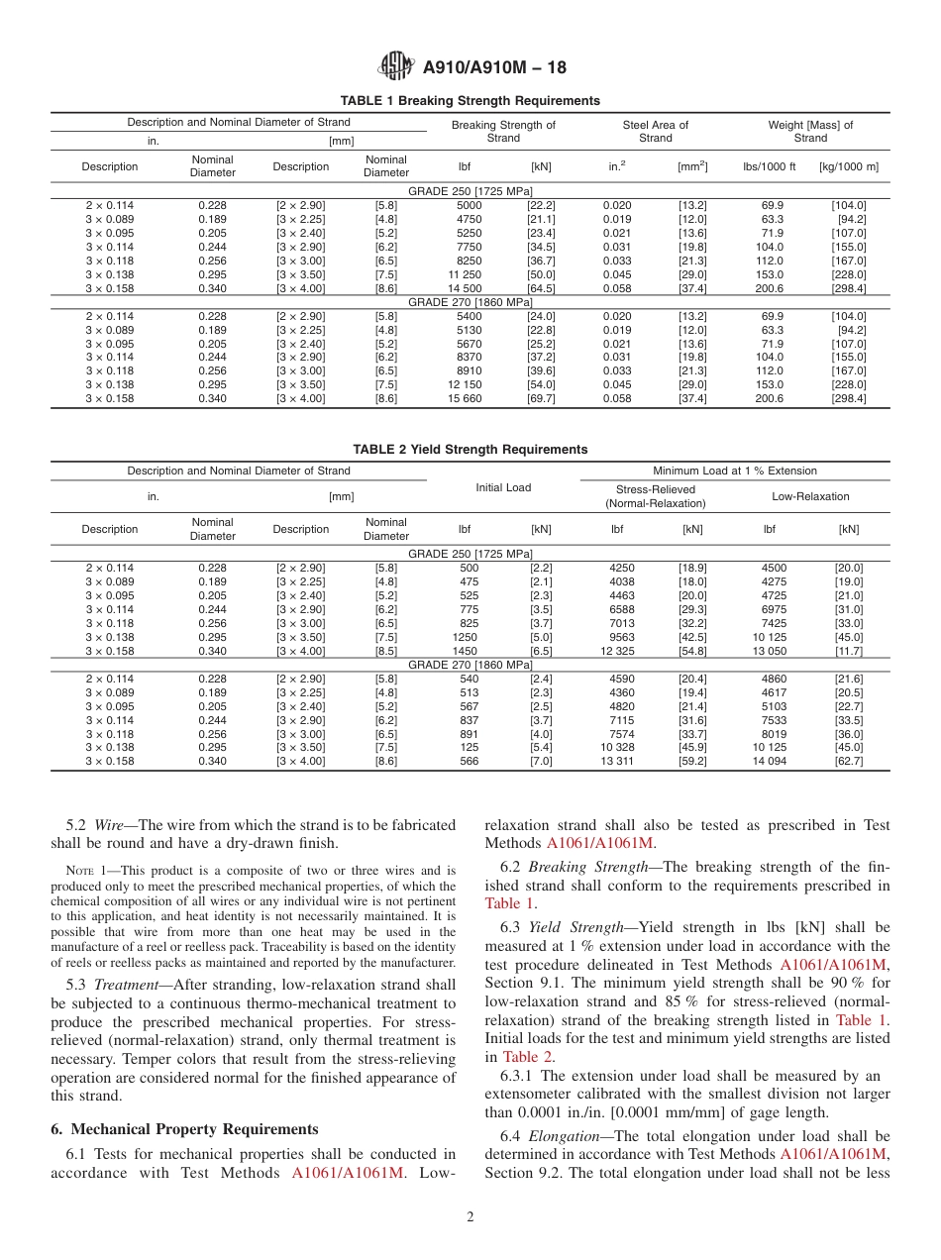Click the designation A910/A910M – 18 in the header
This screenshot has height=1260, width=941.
click(x=494, y=68)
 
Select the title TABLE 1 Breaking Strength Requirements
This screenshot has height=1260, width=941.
click(x=470, y=101)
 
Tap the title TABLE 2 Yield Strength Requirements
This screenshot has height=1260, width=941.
click(x=470, y=450)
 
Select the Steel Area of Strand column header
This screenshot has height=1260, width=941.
click(x=655, y=131)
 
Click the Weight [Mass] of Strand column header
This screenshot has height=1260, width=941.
click(x=810, y=131)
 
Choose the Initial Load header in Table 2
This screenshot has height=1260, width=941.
click(x=503, y=487)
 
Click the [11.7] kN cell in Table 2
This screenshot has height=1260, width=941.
click(x=848, y=651)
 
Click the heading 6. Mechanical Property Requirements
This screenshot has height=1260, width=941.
click(x=184, y=1129)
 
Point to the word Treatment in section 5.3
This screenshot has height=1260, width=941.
click(x=124, y=985)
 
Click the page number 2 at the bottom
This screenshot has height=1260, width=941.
click(x=470, y=1217)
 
